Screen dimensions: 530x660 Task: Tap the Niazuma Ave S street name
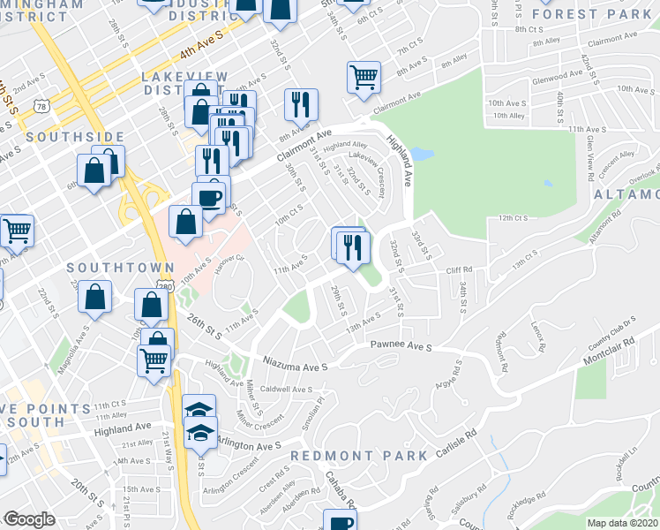[296, 363]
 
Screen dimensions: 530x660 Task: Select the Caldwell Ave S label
[287, 390]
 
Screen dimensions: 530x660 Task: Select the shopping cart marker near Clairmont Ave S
[364, 77]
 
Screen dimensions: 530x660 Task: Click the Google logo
[30, 519]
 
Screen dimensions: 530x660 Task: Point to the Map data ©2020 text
[623, 522]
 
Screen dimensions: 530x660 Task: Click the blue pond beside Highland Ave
[422, 154]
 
